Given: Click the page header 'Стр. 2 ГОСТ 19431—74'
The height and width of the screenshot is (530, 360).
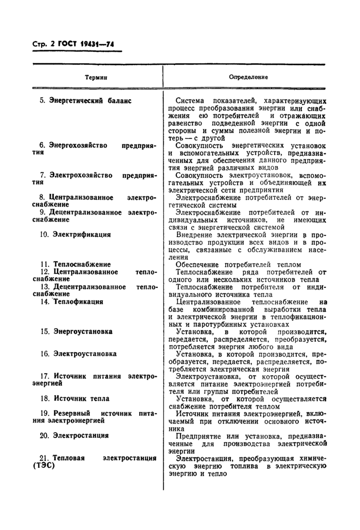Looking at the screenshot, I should tap(73, 46).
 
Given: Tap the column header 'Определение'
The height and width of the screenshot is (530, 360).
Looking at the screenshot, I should tap(248, 77).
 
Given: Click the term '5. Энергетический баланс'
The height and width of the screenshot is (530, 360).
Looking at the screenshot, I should tap(85, 101).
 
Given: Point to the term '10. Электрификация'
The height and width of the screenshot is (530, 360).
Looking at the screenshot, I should tap(75, 234).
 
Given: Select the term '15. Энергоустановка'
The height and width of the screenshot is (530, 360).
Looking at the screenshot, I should tap(76, 332).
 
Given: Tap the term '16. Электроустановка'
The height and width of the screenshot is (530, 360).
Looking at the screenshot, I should tap(78, 354).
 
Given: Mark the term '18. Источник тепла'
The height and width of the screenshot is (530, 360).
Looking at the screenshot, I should tap(75, 398).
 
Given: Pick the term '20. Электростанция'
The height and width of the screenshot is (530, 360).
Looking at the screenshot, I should tap(74, 435).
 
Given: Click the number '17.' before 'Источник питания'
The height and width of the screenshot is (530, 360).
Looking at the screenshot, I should tap(44, 376).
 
